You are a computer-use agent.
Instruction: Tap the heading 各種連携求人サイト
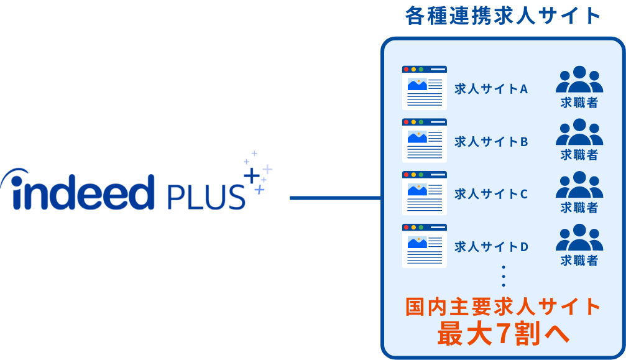[503, 16]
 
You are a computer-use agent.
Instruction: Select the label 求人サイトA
[491, 88]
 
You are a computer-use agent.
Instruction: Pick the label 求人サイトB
[491, 141]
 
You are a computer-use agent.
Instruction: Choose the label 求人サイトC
[491, 194]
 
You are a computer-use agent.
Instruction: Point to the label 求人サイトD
[491, 247]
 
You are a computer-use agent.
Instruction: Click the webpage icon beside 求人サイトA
[425, 88]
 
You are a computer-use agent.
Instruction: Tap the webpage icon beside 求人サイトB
[425, 141]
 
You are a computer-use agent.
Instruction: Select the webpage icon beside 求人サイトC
[425, 193]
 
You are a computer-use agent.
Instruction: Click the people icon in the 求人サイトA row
[579, 80]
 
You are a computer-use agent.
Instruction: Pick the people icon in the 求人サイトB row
[579, 132]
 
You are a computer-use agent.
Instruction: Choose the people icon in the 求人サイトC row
[579, 185]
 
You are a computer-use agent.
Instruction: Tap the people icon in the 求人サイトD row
[579, 238]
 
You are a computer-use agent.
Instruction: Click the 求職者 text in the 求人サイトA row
[579, 103]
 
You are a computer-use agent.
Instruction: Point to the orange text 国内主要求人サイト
[503, 307]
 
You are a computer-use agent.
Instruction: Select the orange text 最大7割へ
[503, 335]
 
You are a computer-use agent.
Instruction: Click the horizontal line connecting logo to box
[335, 198]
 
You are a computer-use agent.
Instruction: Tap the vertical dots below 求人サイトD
[504, 276]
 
